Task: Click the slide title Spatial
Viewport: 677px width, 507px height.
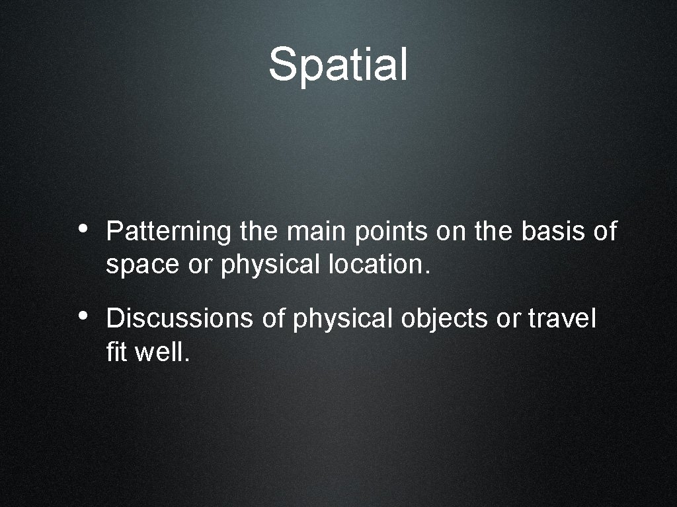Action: click(338, 64)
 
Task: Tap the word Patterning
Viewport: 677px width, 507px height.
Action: click(168, 232)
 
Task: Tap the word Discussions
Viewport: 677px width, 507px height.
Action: click(179, 319)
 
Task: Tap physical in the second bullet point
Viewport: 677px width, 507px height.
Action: click(343, 320)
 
